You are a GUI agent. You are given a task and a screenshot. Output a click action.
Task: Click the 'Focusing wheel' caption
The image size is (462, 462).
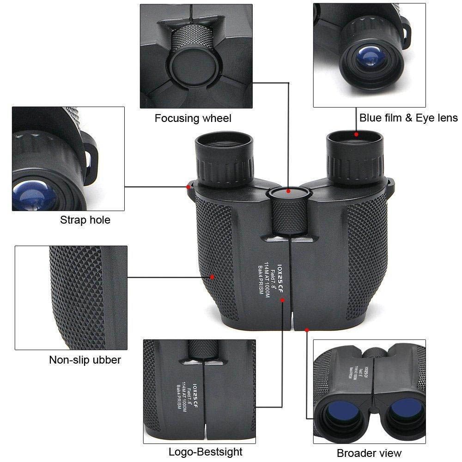tap(193, 118)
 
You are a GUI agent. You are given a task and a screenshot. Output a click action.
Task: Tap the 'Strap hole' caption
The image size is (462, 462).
tap(85, 220)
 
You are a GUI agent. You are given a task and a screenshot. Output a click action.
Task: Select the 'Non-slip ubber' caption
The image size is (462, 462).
tap(85, 360)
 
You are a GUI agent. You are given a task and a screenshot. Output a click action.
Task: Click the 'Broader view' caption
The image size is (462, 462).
tap(369, 453)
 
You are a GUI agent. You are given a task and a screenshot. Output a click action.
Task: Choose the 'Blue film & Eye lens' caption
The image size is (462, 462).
tap(408, 118)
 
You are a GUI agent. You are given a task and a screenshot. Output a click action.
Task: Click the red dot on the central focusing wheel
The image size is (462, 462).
tap(288, 190)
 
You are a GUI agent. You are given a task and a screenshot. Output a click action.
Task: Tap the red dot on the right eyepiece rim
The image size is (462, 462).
tap(357, 134)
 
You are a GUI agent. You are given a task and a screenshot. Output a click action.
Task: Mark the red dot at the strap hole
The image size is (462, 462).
tap(188, 187)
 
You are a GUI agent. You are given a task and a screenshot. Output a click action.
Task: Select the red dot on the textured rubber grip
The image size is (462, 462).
tap(213, 277)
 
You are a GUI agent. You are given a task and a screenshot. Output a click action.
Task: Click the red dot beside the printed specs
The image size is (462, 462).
tap(283, 300)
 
